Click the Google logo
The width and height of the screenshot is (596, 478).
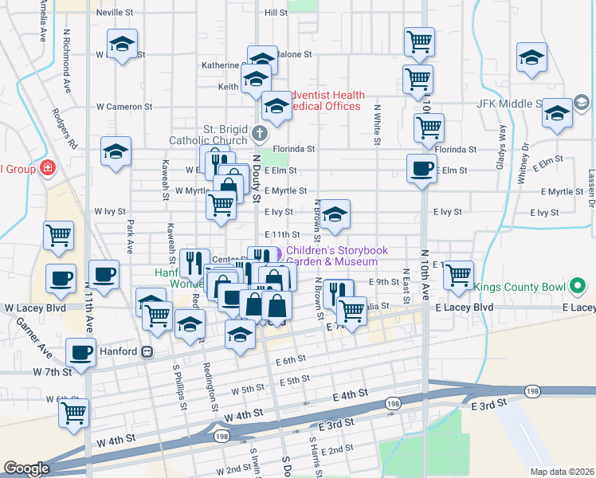coord(25,468)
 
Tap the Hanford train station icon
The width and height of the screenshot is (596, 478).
coord(147,351)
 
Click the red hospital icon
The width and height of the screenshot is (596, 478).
coord(47,168)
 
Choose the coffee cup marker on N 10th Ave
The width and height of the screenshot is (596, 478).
coord(422,168)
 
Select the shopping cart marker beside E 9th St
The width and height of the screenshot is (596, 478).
coord(457,274)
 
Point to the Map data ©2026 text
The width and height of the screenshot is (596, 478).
coord(562,472)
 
